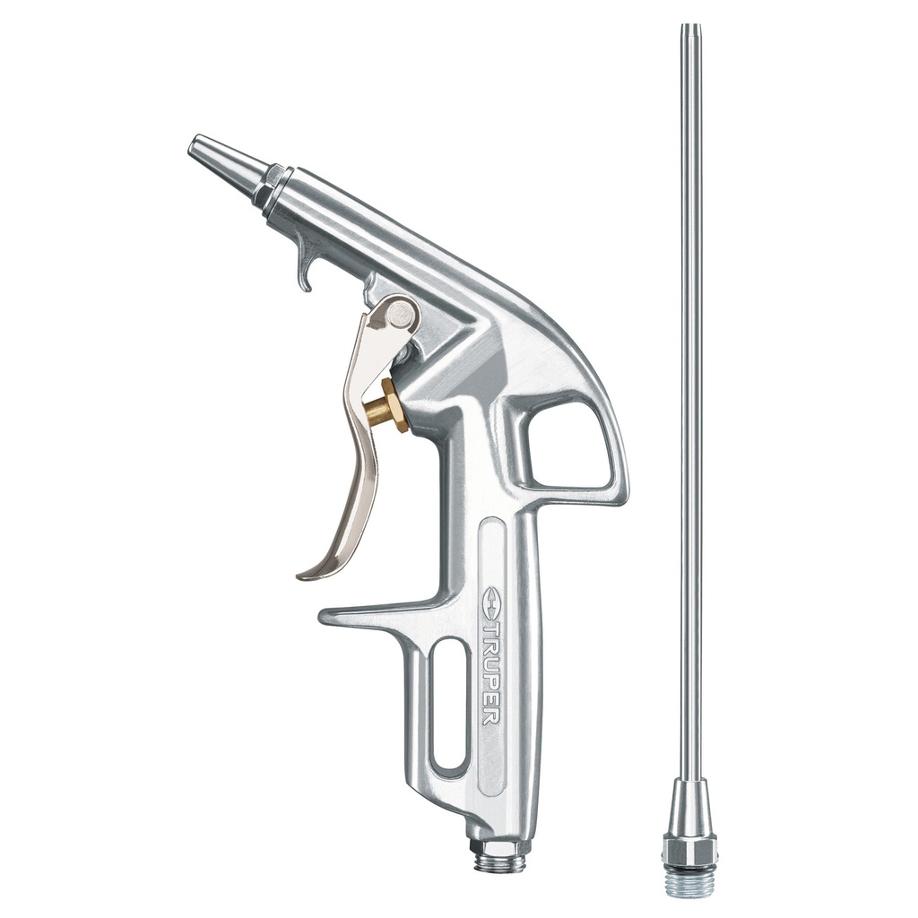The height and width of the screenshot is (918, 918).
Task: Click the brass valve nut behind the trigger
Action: click(394, 406)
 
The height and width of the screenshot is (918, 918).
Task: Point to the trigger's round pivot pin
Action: click(403, 313)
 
